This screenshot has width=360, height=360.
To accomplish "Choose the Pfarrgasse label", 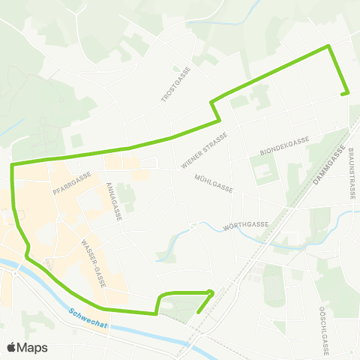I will (x=72, y=184).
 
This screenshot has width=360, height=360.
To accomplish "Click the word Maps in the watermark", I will (x=33, y=346).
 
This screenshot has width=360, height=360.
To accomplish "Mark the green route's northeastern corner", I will (x=328, y=46).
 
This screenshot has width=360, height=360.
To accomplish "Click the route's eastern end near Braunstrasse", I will (x=347, y=94).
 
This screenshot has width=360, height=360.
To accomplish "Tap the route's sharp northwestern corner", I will (x=13, y=163).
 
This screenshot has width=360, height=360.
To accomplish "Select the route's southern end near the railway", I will (x=197, y=312).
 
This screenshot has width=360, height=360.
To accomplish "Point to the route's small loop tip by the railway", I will (x=211, y=292).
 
